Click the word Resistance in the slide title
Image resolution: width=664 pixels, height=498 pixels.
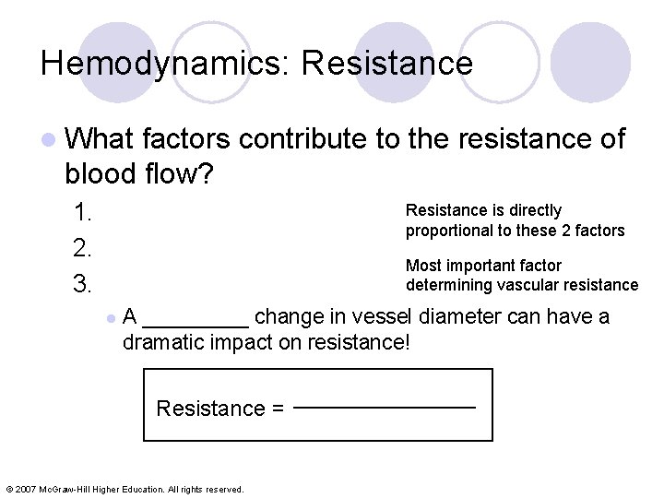[387, 64]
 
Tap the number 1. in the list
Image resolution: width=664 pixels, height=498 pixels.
[83, 213]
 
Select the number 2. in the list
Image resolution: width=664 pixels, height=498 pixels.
[83, 248]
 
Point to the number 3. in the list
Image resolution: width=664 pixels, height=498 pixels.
[83, 283]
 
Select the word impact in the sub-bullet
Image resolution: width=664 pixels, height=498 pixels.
[243, 343]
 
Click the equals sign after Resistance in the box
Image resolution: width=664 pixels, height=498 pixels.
[277, 409]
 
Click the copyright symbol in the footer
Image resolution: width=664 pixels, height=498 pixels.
[9, 489]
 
